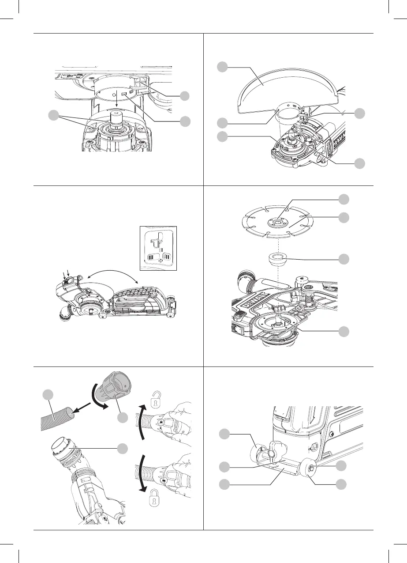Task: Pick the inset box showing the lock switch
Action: [157, 248]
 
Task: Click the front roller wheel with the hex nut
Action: [310, 468]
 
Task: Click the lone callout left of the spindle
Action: [54, 116]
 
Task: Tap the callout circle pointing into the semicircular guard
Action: [224, 67]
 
